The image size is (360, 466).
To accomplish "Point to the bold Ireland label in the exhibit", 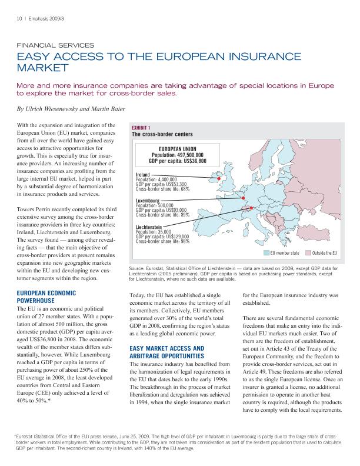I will pos(142,175).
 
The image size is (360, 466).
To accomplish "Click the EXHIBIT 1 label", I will pos(141,128).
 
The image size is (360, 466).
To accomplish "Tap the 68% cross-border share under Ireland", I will pos(184,189).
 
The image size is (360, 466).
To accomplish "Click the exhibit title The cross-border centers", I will pos(162,134).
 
